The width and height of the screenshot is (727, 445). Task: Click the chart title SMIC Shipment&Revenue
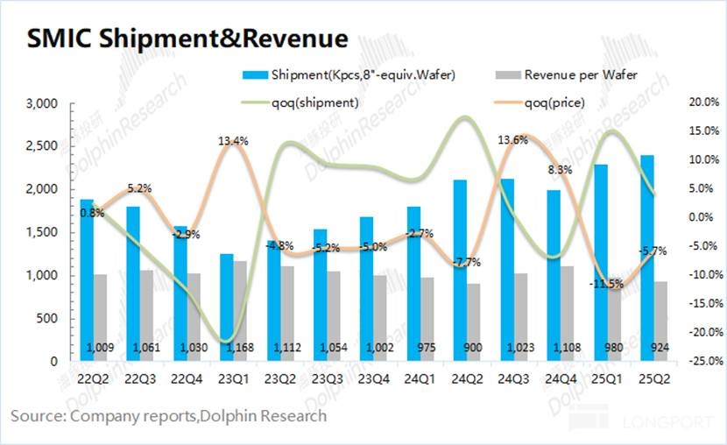pos(187,39)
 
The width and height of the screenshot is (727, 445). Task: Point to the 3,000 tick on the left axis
pos(39,103)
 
